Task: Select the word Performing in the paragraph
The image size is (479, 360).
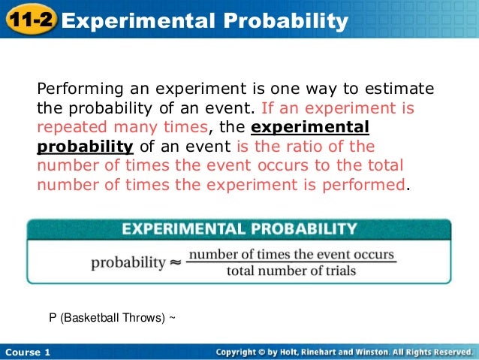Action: tap(75, 89)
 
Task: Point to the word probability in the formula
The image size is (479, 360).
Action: tap(128, 263)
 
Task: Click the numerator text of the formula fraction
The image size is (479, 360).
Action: tap(291, 255)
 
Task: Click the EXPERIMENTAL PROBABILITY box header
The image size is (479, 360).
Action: tap(239, 228)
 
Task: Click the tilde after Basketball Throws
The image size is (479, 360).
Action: tap(173, 318)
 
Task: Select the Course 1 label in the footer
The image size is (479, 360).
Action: tap(26, 352)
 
